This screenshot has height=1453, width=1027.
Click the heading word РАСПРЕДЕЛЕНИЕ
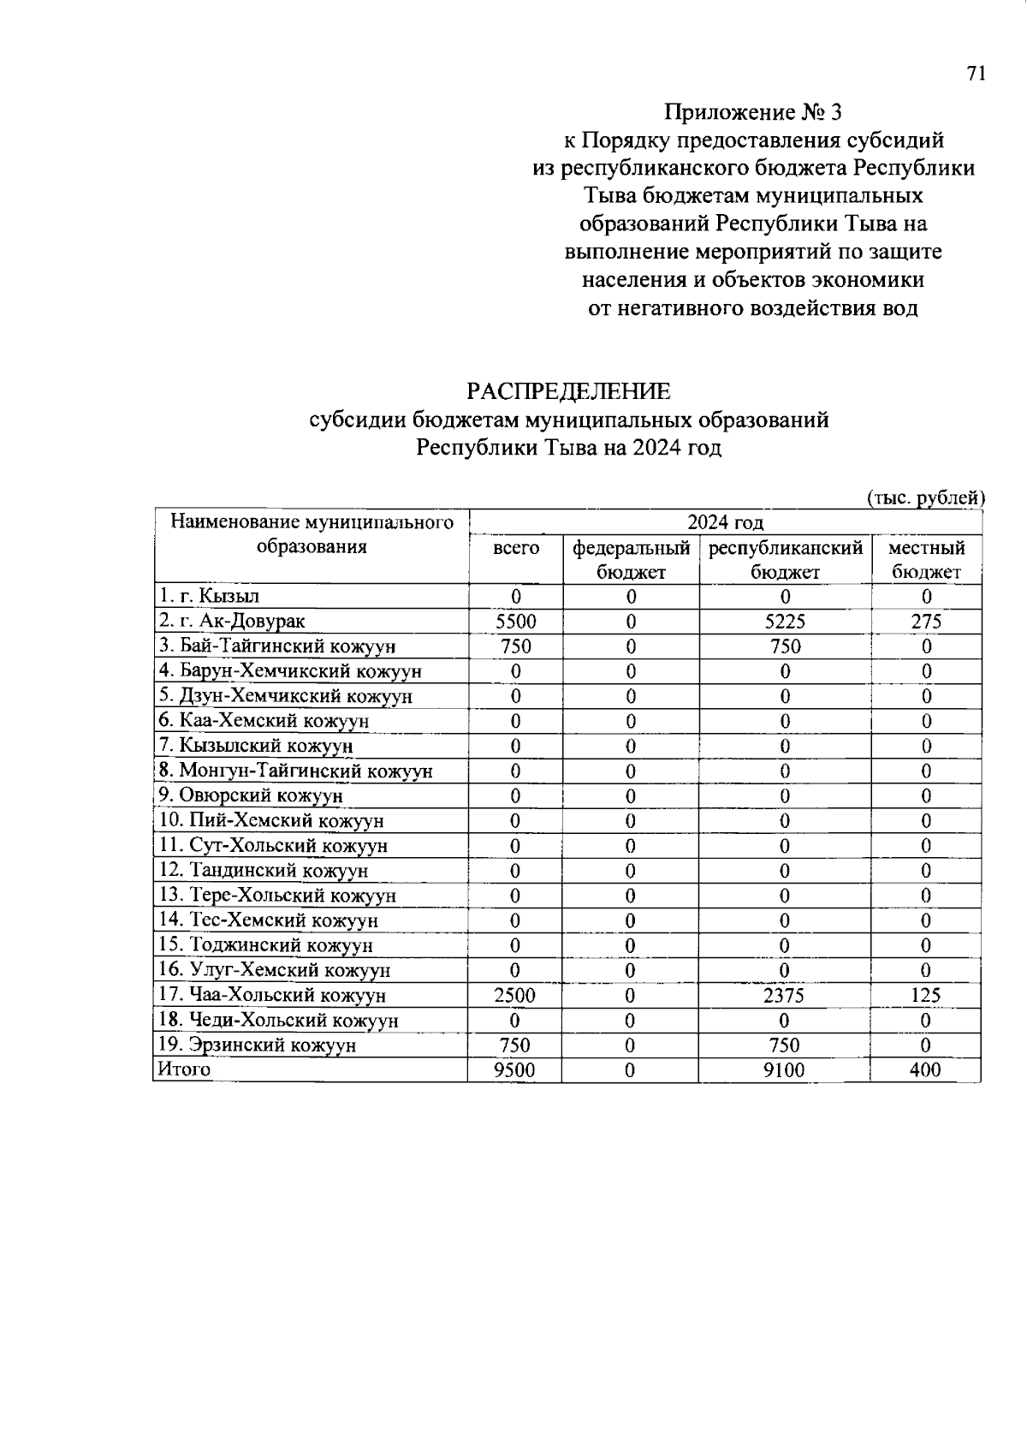568,391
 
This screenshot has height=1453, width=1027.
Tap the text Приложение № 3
754,112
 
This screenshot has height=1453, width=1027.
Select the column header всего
516,548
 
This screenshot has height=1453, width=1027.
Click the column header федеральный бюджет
631,560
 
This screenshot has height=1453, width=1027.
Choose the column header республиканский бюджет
785,560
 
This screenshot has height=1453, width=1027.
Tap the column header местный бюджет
926,560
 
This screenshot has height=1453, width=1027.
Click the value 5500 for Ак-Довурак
516,622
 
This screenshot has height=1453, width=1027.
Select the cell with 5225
785,622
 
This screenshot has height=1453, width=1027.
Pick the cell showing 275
926,622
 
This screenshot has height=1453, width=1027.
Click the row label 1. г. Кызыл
209,597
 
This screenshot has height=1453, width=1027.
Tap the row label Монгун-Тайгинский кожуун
295,771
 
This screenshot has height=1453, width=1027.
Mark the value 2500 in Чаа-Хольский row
515,996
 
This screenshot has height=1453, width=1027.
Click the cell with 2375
785,996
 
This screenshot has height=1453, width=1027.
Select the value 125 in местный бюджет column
926,996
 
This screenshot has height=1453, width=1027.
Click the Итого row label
182,1069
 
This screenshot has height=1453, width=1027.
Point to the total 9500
515,1070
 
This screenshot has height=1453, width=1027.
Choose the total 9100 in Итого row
785,1070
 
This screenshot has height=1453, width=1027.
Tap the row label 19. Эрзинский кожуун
257,1045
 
